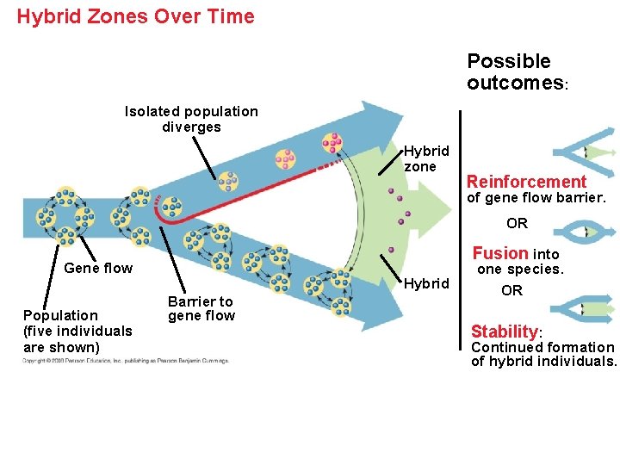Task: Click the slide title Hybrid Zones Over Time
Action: click(x=136, y=16)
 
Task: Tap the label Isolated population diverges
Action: click(x=191, y=119)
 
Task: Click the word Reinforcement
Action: click(x=526, y=182)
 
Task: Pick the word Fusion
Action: click(x=500, y=253)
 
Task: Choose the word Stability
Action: click(x=505, y=332)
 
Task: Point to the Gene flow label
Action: click(x=98, y=268)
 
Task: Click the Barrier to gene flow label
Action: click(x=201, y=308)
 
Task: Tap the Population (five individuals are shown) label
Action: click(x=77, y=331)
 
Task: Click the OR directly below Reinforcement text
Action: click(x=517, y=223)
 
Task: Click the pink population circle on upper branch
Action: click(x=285, y=159)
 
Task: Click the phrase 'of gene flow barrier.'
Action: click(x=536, y=198)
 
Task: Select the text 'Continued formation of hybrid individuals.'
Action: click(x=543, y=354)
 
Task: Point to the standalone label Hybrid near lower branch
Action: click(x=426, y=283)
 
